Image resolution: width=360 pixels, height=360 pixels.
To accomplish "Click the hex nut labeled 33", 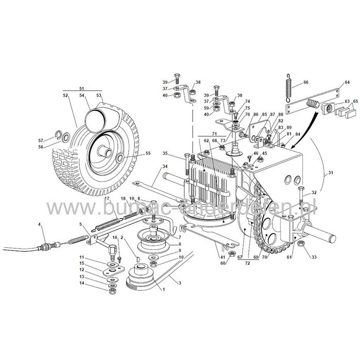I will coord(301,244).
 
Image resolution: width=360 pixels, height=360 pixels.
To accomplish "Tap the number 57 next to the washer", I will coord(48,140).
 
